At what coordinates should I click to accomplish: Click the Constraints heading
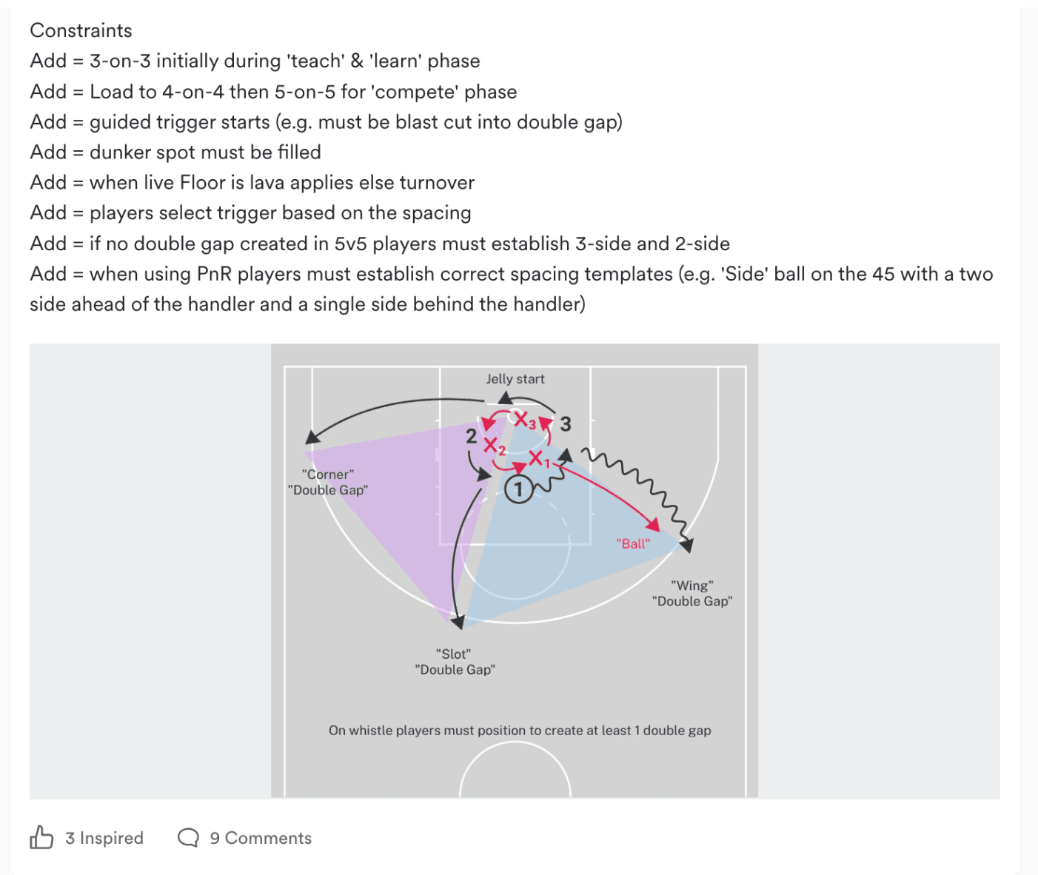(81, 31)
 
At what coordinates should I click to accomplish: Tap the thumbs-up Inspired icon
(41, 837)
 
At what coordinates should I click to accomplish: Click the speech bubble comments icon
(188, 838)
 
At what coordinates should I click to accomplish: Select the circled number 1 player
(518, 490)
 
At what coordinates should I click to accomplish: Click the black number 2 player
(472, 437)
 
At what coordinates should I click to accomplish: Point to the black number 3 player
(566, 424)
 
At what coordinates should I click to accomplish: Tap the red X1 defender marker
(539, 459)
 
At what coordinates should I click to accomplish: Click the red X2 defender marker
(494, 446)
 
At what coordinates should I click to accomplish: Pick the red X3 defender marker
(524, 420)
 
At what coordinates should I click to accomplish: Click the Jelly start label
(515, 379)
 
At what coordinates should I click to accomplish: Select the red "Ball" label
(633, 543)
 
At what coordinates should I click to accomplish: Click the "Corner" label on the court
(327, 475)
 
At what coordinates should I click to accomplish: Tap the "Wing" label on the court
(692, 585)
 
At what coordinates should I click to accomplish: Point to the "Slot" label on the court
(453, 654)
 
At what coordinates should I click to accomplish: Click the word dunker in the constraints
(120, 152)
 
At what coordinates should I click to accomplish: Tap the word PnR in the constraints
(214, 274)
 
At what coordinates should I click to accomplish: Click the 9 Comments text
(261, 838)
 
